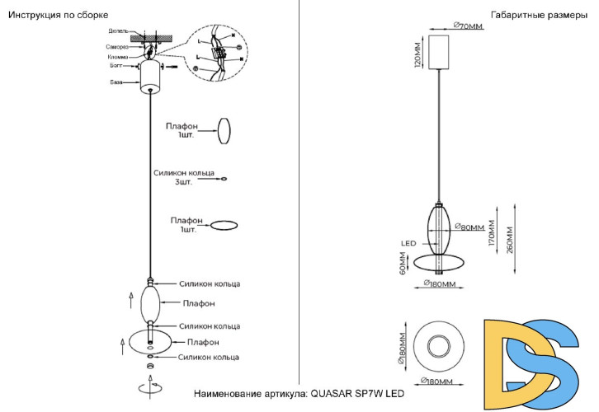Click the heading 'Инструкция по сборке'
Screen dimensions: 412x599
58,16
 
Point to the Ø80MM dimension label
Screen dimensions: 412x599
471,227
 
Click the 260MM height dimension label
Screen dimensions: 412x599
512,239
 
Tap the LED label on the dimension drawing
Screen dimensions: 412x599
408,243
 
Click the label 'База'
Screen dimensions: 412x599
116,82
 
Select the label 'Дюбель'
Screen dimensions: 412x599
118,31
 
